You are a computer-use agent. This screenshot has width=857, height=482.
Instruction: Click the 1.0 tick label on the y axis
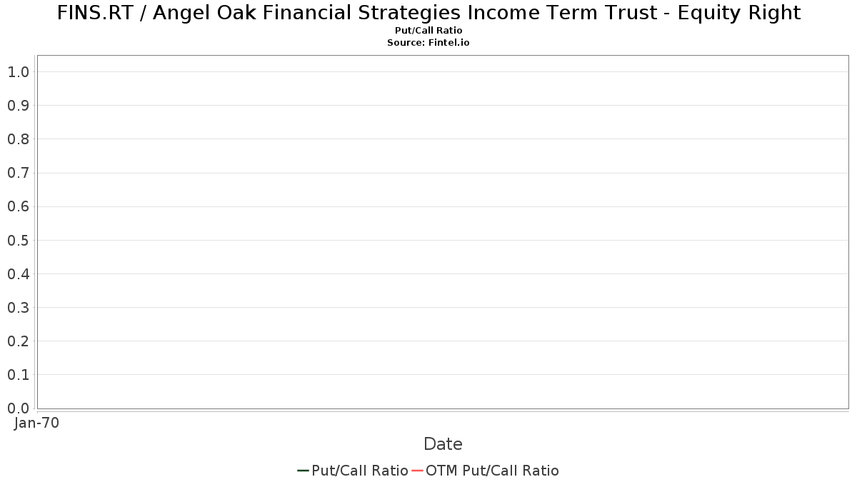pos(19,72)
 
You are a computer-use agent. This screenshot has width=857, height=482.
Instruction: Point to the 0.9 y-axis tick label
pos(19,106)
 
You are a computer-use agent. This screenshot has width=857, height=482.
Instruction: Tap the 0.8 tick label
pos(19,139)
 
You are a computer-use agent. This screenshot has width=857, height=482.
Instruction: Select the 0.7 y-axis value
pos(19,173)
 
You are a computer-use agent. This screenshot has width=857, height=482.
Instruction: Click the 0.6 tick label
pos(19,206)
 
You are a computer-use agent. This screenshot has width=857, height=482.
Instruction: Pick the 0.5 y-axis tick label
pos(19,240)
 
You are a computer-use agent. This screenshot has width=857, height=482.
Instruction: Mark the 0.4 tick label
pos(19,274)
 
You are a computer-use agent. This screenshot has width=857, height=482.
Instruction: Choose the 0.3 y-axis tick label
pos(19,308)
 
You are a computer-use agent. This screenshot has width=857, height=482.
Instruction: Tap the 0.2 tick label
pos(19,341)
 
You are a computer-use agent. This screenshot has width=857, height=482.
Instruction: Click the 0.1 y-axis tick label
pos(19,375)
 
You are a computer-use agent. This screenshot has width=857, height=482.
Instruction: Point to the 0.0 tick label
pos(19,408)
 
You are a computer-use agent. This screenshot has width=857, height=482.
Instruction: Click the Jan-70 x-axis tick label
pos(36,423)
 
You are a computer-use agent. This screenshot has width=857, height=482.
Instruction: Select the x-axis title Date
pos(443,444)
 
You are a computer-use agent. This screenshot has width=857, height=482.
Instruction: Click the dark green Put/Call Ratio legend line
pos(303,471)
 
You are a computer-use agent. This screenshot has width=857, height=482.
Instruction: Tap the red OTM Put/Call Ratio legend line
pos(417,471)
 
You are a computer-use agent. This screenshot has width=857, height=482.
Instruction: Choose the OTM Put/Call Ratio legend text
pos(492,471)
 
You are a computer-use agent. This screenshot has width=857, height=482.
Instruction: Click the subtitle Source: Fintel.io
pos(428,42)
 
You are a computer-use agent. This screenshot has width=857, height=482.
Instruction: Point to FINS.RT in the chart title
pos(95,13)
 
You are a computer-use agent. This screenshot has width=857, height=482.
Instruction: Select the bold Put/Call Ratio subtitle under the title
pos(428,31)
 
